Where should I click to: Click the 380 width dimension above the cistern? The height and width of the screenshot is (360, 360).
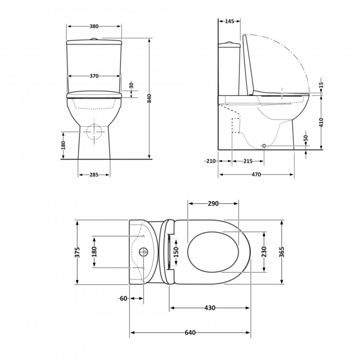(x=94, y=26)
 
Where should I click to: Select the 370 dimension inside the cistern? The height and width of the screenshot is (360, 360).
(x=94, y=76)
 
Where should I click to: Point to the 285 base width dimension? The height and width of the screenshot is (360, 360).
(x=94, y=175)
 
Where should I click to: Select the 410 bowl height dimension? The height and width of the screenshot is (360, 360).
(x=322, y=123)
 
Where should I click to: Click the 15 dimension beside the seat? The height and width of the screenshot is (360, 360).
(x=322, y=85)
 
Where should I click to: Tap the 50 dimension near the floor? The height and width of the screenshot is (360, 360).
(x=305, y=139)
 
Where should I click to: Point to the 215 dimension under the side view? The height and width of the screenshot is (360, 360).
(x=248, y=161)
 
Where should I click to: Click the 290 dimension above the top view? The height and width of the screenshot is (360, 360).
(x=213, y=204)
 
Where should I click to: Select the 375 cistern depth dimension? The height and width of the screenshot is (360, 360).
(x=77, y=252)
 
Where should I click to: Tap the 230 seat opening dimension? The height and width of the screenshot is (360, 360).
(x=264, y=252)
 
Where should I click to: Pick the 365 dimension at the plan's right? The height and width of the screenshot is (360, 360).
(x=282, y=252)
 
